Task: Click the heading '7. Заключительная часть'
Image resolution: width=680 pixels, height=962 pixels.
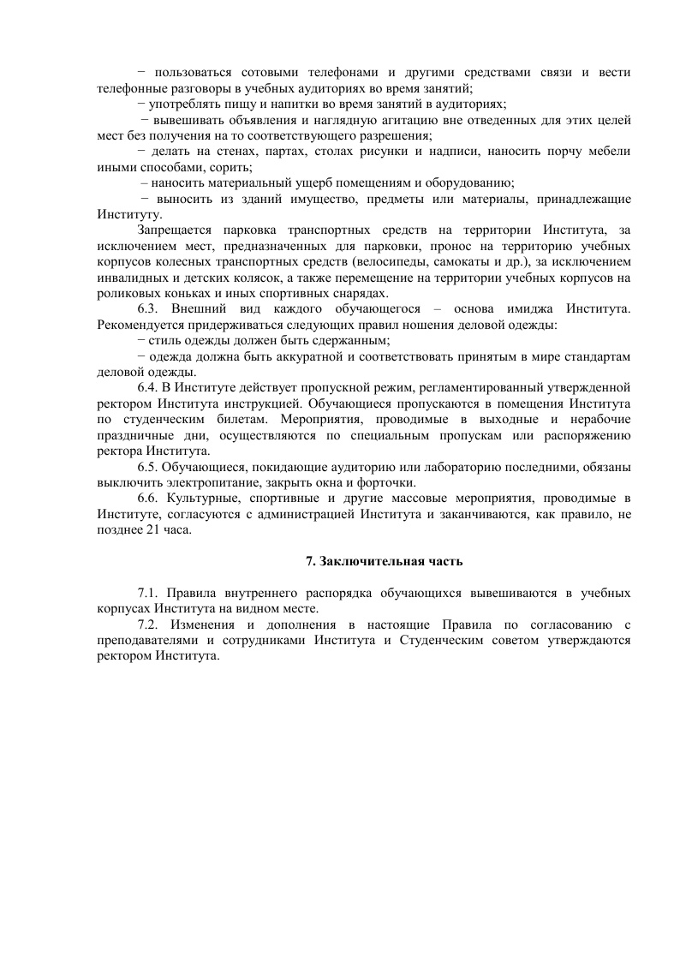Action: [385, 561]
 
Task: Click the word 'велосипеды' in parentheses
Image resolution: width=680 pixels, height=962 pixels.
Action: [393, 261]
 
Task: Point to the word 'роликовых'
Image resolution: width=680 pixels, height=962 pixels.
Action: [126, 292]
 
